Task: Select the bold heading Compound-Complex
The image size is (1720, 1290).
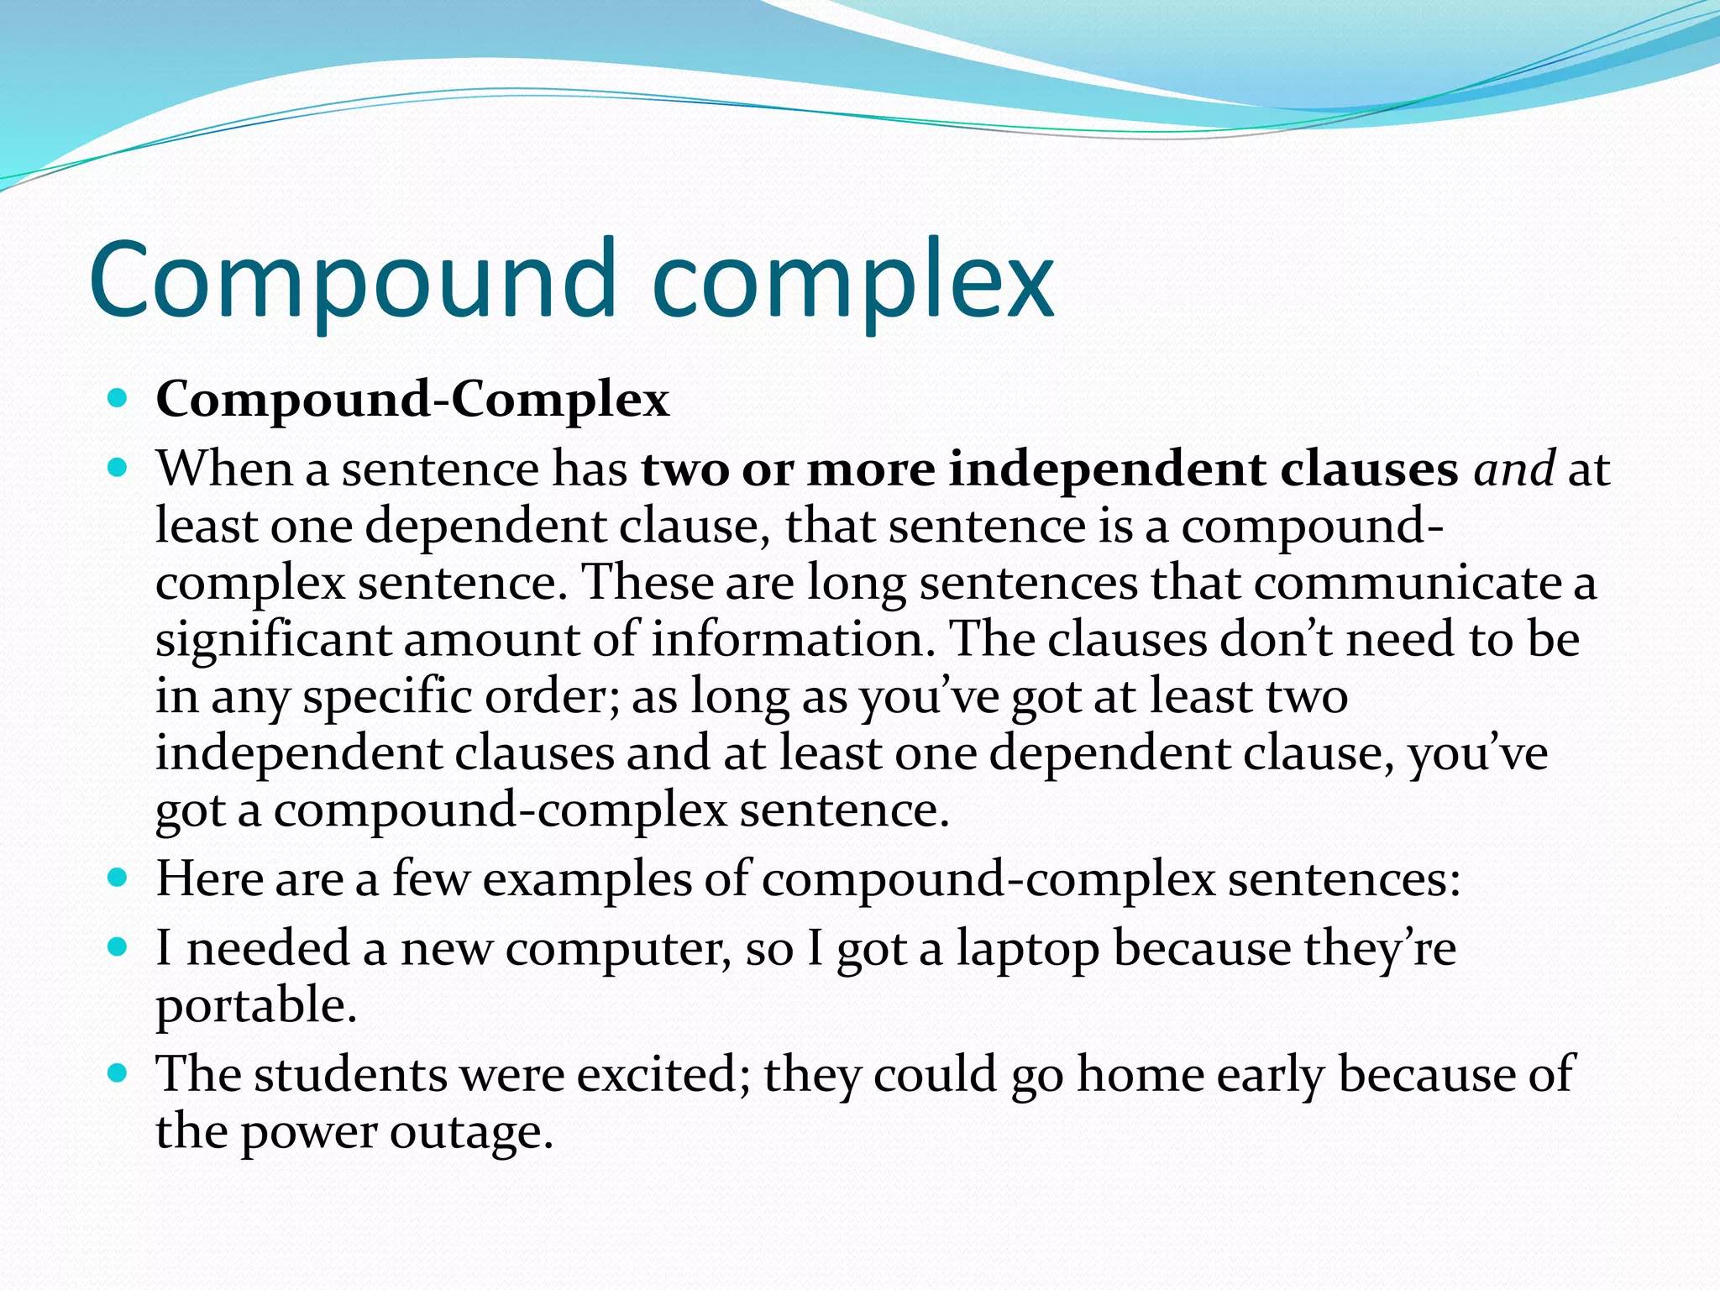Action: pyautogui.click(x=412, y=400)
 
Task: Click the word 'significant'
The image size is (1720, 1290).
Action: pyautogui.click(x=273, y=640)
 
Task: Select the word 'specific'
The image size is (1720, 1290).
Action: pyautogui.click(x=388, y=697)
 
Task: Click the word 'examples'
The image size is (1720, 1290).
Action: pyautogui.click(x=588, y=880)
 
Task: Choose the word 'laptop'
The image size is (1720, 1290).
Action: pyautogui.click(x=1028, y=950)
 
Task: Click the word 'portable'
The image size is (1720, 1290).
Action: pyautogui.click(x=256, y=1006)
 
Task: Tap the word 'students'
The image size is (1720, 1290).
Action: pyautogui.click(x=351, y=1075)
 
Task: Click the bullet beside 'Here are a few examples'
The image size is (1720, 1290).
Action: pyautogui.click(x=118, y=878)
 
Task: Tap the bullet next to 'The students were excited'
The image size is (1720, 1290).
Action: pyautogui.click(x=118, y=1073)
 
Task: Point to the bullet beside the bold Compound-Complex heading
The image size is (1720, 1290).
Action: pyautogui.click(x=118, y=398)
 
